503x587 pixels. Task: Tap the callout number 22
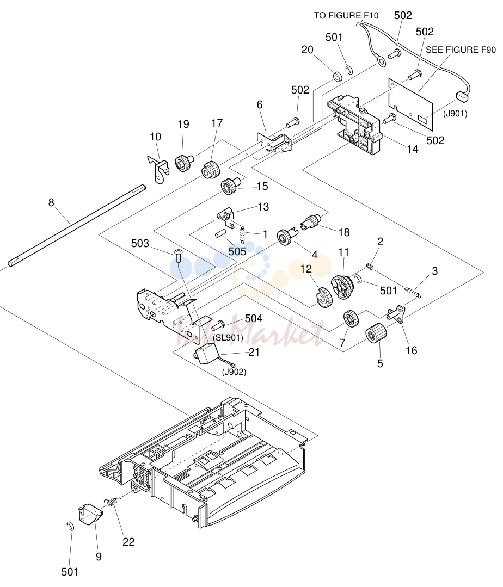pos(128,542)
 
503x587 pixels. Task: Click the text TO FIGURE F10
pos(346,16)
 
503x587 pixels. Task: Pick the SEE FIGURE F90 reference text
pos(461,50)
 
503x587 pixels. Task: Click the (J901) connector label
pos(455,114)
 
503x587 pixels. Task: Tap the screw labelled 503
pos(179,257)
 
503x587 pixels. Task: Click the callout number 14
pos(413,150)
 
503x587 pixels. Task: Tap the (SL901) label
pos(228,338)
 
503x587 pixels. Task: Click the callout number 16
pos(411,350)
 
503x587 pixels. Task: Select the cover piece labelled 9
pos(90,515)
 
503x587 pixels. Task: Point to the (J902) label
pos(234,372)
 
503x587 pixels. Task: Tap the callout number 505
pos(237,251)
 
